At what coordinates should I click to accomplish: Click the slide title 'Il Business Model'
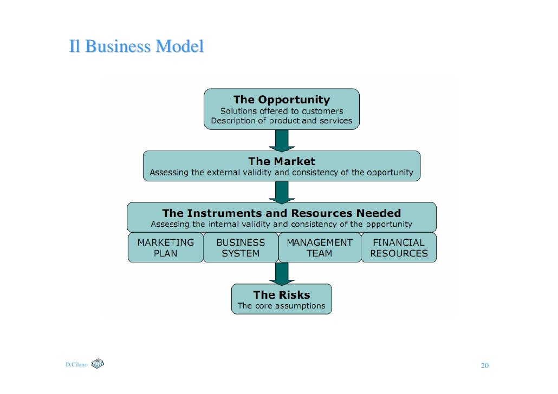[x=136, y=47]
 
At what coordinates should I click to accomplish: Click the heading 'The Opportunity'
[x=281, y=100]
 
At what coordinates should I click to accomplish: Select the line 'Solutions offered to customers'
[x=281, y=111]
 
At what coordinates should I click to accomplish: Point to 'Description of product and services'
[x=281, y=121]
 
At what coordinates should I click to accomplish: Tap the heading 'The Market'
[x=281, y=161]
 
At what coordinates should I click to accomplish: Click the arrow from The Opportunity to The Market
[x=282, y=140]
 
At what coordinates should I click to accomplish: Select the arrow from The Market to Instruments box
[x=282, y=192]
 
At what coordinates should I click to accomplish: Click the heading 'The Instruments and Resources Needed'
[x=281, y=213]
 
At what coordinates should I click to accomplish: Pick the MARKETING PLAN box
[x=165, y=248]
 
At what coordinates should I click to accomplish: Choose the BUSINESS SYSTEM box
[x=241, y=248]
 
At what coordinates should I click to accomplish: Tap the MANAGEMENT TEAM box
[x=319, y=248]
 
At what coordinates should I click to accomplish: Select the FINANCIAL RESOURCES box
[x=399, y=248]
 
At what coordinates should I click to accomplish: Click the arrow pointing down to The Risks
[x=282, y=274]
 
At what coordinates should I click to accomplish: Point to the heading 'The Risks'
[x=281, y=295]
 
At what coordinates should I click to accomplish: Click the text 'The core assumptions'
[x=281, y=306]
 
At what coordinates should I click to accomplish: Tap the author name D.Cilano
[x=76, y=365]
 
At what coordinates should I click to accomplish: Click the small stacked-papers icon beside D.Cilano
[x=98, y=364]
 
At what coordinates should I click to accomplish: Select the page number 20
[x=485, y=366]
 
